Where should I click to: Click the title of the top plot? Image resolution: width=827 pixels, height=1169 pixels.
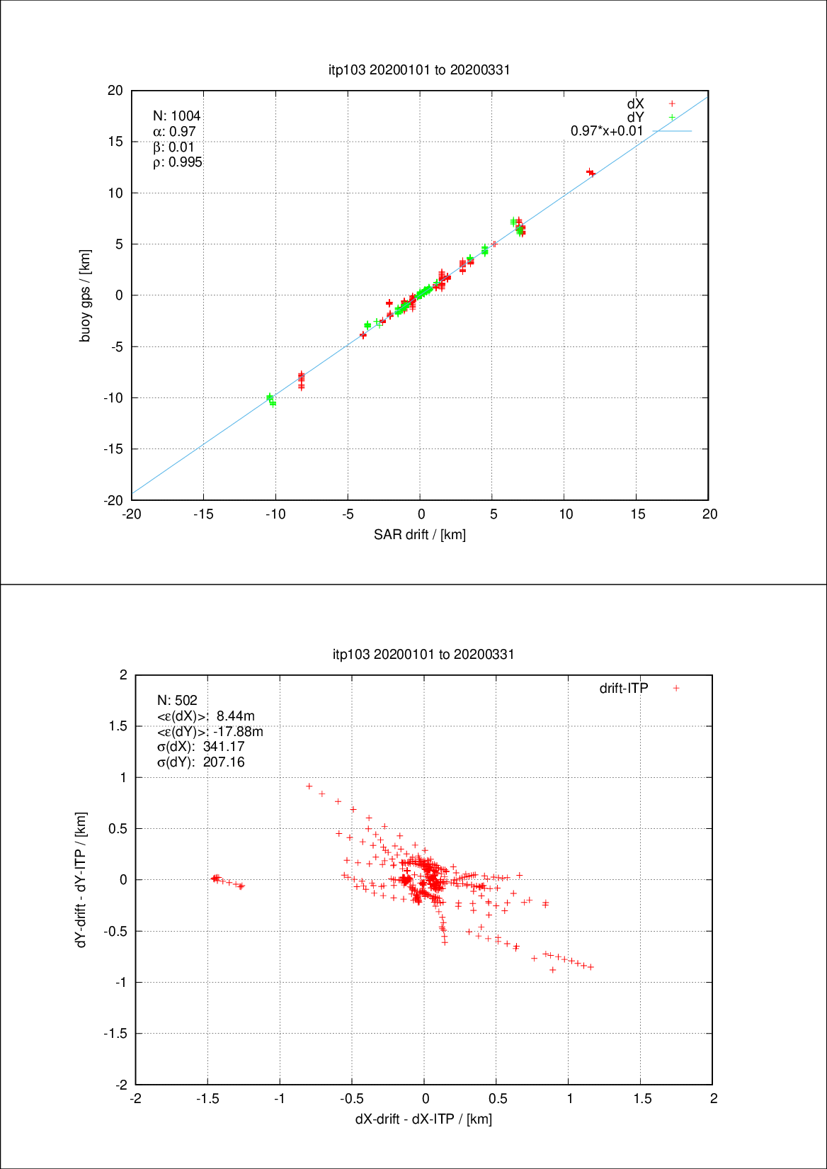pos(419,69)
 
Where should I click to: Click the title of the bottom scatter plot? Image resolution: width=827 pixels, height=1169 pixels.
pos(423,654)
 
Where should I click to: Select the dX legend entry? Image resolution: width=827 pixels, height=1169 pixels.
pos(635,103)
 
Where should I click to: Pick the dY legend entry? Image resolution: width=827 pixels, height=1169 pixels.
pos(635,117)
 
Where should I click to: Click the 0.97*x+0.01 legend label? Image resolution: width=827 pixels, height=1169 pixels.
pos(607,131)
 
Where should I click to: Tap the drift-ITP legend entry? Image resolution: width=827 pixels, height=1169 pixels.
pos(624,688)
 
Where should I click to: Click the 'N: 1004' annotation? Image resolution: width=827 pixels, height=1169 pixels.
pos(177,115)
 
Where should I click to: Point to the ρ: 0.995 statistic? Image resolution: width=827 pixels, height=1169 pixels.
pos(178,162)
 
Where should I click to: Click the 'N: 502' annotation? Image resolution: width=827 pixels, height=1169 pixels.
pos(177,700)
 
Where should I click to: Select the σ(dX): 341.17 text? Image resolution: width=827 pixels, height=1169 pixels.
pos(200,747)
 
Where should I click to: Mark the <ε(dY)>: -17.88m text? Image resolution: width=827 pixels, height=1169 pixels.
pos(210,731)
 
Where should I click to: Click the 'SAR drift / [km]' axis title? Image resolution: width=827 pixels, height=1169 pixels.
pos(420,534)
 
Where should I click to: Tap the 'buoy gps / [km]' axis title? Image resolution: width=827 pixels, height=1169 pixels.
pos(85,295)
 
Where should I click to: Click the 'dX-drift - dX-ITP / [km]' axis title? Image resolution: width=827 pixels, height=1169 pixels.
pos(423,1119)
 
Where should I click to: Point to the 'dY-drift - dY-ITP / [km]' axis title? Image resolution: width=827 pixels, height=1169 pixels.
pos(81,879)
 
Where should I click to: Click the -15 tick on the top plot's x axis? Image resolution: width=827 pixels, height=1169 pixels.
pos(203,514)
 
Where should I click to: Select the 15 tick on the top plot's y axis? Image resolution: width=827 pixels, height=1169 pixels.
pos(115,142)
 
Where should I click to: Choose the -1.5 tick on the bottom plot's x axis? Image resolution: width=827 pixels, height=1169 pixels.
pos(207,1098)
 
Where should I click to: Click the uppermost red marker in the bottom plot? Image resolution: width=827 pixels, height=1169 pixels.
pos(309,786)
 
